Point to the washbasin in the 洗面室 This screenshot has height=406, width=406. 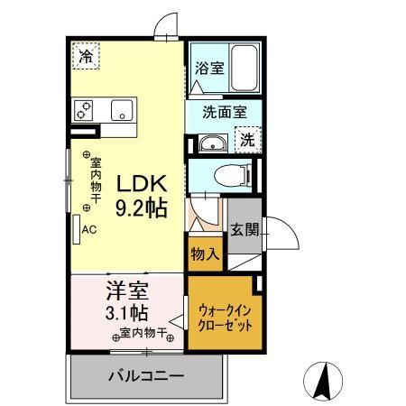click(214, 142)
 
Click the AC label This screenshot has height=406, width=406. click(89, 229)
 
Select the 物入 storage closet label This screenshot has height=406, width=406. click(204, 255)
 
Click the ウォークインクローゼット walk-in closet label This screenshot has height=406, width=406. click(224, 316)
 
